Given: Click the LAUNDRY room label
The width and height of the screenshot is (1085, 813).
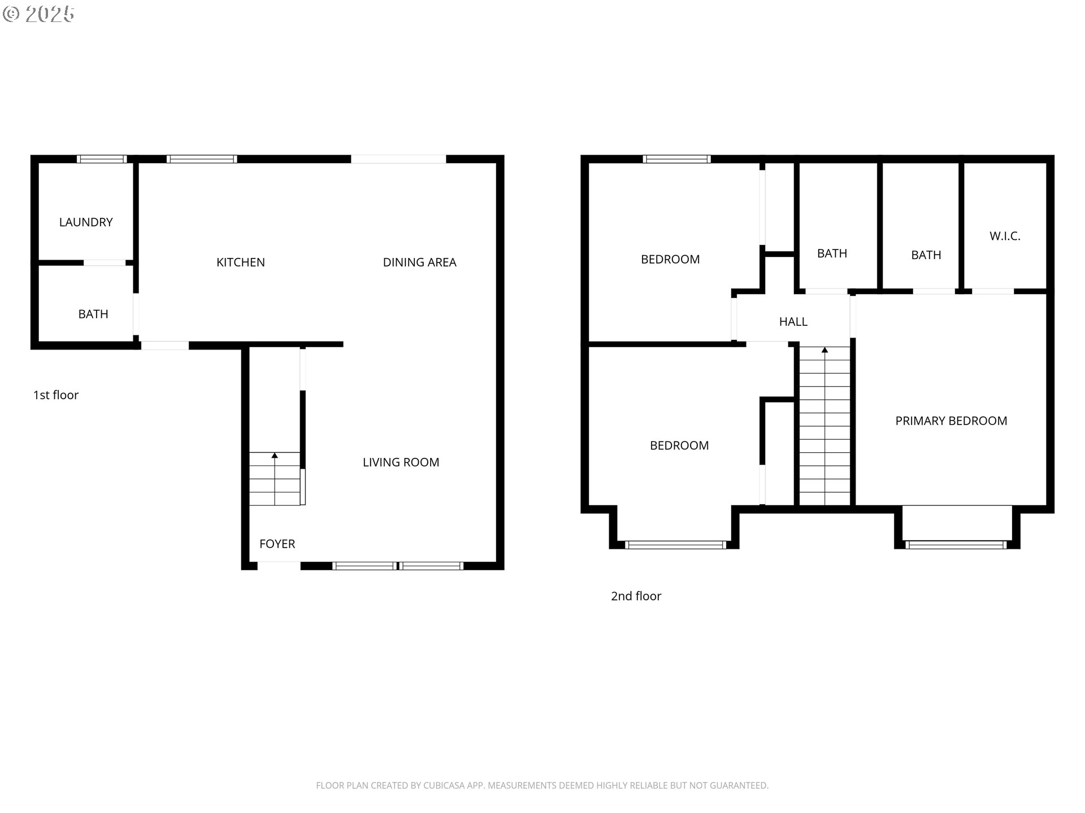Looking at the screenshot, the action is click(x=86, y=222).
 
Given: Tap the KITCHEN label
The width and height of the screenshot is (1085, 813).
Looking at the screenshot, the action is click(x=241, y=263).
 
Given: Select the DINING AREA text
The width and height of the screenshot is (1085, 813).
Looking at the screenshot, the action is click(x=420, y=263).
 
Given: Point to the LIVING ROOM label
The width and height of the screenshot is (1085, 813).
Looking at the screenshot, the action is click(x=401, y=462).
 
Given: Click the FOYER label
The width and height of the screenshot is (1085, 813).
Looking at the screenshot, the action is click(x=277, y=544).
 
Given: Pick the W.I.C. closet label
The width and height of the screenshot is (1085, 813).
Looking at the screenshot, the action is click(x=1005, y=237).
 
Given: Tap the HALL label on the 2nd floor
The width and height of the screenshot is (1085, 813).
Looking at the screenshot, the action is click(x=793, y=322).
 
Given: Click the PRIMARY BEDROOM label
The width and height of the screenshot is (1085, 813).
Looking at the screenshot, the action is click(x=952, y=421).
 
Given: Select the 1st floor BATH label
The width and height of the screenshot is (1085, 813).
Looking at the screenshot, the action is click(x=93, y=314).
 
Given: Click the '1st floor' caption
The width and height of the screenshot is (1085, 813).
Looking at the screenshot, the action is click(x=56, y=395).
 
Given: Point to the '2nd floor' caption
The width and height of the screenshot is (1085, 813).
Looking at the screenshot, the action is click(x=636, y=596).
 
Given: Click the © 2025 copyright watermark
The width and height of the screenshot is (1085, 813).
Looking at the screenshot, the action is click(x=38, y=14).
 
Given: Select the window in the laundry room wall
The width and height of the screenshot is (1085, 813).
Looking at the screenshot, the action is click(x=102, y=159).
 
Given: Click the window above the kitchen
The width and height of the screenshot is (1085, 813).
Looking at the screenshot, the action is click(x=202, y=159).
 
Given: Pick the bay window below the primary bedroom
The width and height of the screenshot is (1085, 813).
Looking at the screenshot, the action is click(x=956, y=545).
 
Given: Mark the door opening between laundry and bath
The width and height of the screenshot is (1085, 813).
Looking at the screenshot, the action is click(x=105, y=263).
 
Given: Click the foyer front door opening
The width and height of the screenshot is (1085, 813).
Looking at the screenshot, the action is click(x=279, y=566).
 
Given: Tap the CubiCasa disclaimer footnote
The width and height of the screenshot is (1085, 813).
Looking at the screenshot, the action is click(x=542, y=786).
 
